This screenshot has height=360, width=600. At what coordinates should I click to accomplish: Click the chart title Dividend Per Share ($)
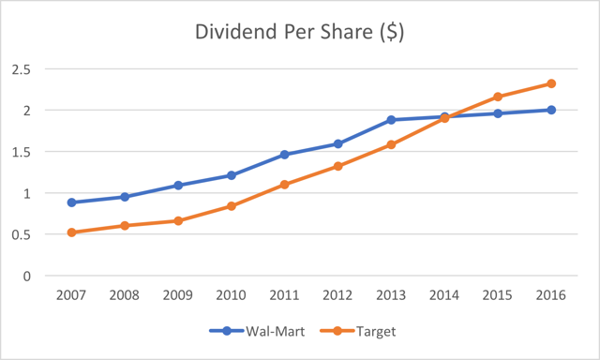click(300, 30)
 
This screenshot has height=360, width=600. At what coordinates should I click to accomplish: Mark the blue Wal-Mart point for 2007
click(71, 202)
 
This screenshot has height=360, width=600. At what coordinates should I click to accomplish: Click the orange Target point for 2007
click(71, 232)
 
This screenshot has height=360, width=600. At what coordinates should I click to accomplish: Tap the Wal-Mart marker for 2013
click(391, 120)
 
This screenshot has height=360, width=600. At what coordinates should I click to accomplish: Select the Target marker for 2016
click(551, 83)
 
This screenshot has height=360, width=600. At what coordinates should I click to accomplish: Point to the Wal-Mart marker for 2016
click(551, 110)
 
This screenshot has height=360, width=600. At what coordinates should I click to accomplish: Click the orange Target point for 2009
click(178, 221)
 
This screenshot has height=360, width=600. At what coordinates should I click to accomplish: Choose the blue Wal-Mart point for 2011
click(285, 155)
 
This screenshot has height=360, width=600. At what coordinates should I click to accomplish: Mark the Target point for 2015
click(498, 97)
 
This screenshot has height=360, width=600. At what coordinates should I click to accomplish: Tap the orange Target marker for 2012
click(338, 166)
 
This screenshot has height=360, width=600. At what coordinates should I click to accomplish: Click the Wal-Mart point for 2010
click(232, 175)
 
